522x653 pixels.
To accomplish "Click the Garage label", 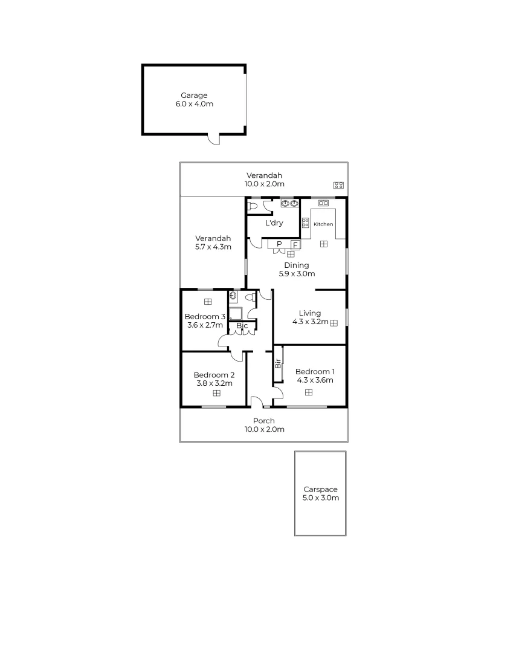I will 194,96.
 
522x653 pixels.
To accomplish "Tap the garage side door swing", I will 213,140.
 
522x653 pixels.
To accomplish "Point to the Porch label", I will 263,421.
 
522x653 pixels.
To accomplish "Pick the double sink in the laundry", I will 289,204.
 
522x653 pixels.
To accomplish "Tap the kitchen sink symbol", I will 323,203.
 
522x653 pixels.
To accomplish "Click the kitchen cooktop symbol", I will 305,222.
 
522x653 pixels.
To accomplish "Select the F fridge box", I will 295,244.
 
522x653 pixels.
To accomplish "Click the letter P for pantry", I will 279,244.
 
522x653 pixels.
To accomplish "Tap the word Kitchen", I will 323,224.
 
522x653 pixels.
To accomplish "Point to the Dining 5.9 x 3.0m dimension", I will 297,273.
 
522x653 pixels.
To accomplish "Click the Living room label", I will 310,313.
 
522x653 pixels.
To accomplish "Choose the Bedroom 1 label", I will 315,371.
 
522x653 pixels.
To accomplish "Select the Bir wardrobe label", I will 278,364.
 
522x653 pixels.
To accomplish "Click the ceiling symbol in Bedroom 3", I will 207,301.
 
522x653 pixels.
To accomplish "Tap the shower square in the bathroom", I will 235,313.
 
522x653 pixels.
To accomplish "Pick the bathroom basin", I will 233,296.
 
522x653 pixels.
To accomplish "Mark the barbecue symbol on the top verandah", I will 338,185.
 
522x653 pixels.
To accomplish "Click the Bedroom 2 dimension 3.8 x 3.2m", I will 214,383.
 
